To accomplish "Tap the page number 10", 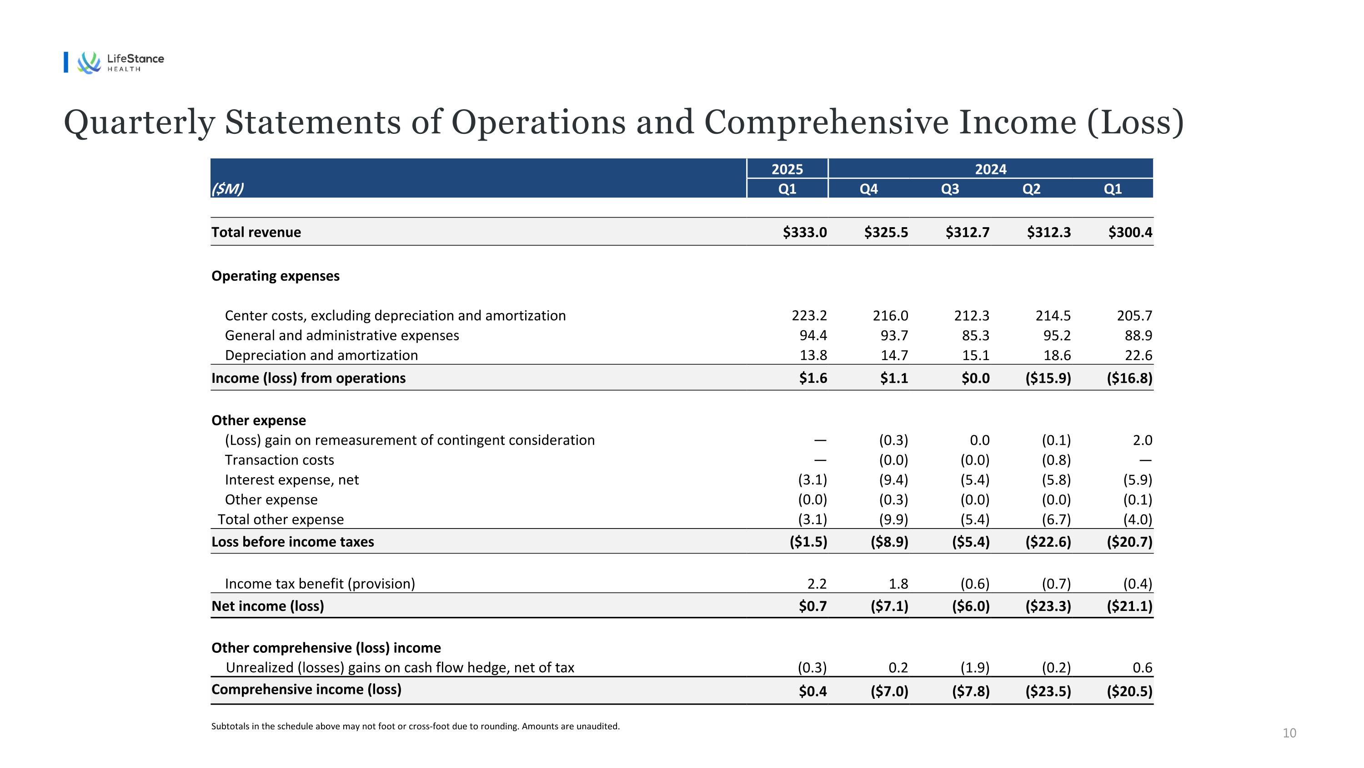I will (1289, 733).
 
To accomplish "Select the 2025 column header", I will (787, 169).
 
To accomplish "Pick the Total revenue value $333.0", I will (804, 232).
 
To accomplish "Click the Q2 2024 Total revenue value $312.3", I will (1048, 232).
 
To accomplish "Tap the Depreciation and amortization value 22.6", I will (1138, 355).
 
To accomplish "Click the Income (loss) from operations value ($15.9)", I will (1048, 378).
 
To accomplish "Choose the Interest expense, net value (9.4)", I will (893, 480).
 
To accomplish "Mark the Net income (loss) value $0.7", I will (813, 606).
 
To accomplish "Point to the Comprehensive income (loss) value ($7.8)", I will (971, 691).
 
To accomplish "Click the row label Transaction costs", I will (279, 460).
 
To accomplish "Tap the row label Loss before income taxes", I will (292, 542).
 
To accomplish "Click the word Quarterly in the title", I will (139, 123).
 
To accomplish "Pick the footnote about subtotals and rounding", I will (415, 726).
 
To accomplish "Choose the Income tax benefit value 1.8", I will (898, 584).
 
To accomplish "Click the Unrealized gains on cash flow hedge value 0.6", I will (1142, 668).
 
